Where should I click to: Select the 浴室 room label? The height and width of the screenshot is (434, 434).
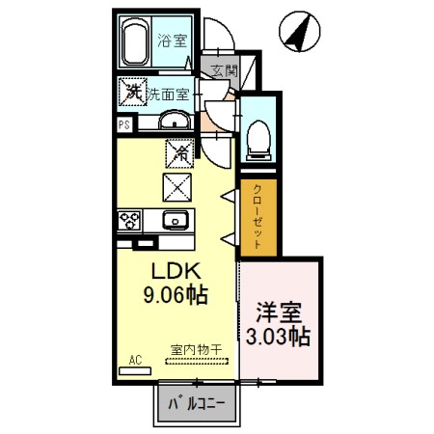pos(174,43)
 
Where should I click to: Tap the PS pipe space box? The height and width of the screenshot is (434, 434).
pos(123,124)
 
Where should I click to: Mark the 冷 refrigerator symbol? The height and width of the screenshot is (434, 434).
pos(178,151)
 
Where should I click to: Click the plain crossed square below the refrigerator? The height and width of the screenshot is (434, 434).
pos(178,184)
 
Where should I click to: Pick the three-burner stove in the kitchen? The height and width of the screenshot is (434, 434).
pos(129,220)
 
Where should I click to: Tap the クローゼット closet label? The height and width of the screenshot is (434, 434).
pos(258,218)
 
